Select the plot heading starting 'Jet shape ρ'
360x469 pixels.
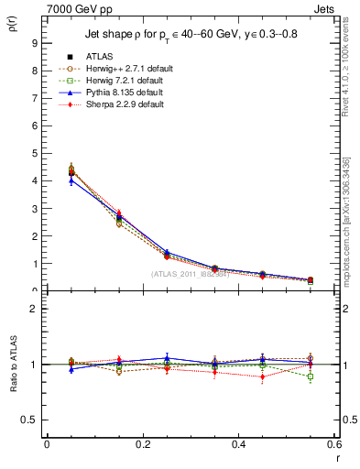coord(189,35)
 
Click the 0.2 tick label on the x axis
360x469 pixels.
coord(143,444)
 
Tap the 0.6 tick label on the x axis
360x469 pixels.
coord(334,444)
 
